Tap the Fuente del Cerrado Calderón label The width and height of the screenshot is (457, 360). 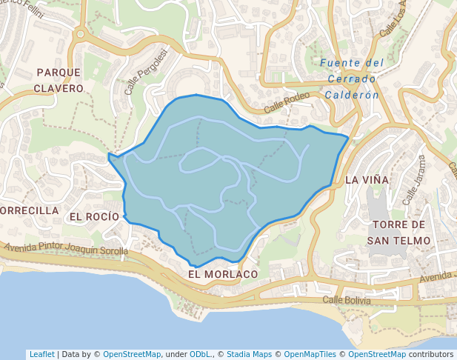[352, 79]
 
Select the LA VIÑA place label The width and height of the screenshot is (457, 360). [367, 179]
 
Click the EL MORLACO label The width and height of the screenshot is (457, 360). [223, 274]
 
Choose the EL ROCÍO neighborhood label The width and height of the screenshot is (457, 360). [94, 216]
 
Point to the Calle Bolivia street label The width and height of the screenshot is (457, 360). [347, 300]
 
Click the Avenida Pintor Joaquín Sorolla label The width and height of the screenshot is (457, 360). [66, 249]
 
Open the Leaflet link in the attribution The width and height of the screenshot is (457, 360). [41, 354]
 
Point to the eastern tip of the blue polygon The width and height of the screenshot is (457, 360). [348, 136]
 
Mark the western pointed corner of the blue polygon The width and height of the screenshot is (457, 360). [109, 155]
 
